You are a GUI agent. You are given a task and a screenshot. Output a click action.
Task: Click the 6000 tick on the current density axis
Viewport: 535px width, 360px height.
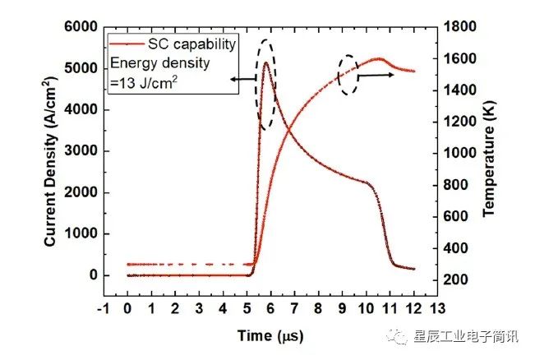pyautogui.click(x=79, y=27)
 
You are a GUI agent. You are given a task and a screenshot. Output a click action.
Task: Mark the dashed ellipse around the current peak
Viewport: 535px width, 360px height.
pyautogui.click(x=267, y=84)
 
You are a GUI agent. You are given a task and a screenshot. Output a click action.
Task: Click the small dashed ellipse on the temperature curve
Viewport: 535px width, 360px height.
pyautogui.click(x=348, y=75)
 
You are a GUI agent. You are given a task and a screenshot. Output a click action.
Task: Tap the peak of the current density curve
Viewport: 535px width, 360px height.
pyautogui.click(x=265, y=62)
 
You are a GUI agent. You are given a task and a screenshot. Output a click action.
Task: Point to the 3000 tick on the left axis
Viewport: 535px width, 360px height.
pyautogui.click(x=79, y=151)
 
